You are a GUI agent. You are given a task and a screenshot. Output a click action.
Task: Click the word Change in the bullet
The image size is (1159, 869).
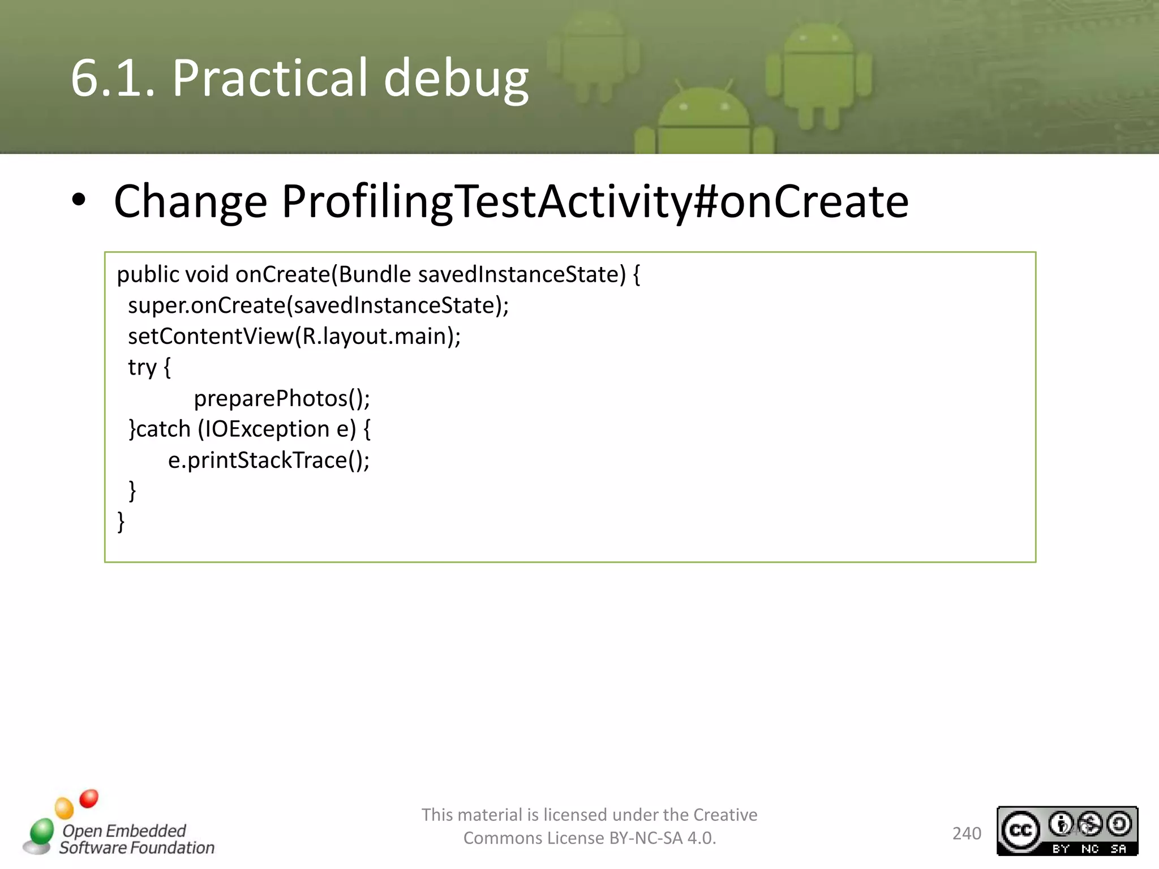190,201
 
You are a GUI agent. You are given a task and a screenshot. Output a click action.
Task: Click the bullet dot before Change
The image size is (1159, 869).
79,200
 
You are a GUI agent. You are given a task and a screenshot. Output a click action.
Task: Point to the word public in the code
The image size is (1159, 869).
148,275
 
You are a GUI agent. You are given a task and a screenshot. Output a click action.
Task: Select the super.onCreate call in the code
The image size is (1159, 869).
318,306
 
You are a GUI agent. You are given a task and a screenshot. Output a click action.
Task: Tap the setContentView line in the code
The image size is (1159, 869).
294,337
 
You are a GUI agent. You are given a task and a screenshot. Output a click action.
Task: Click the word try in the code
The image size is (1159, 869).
142,368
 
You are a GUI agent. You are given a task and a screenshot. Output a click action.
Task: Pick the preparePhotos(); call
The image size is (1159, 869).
282,399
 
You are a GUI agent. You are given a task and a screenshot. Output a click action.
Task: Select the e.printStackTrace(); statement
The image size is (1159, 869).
269,461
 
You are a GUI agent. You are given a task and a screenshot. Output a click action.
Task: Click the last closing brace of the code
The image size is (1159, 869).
121,522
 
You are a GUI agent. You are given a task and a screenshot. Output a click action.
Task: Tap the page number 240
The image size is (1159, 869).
966,833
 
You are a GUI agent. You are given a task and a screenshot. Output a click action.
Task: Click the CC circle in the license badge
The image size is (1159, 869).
1020,830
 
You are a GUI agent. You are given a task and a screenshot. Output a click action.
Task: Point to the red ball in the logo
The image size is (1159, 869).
89,798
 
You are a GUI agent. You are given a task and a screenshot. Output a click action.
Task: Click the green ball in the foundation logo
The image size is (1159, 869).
42,831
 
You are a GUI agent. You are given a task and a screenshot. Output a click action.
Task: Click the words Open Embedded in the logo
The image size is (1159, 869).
124,831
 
